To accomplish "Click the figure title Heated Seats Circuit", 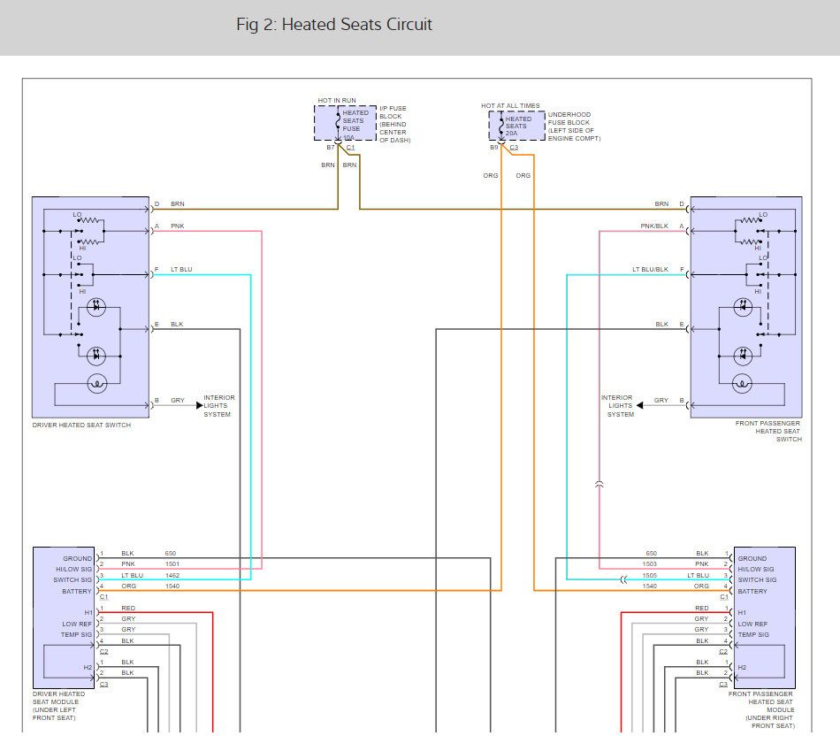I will [334, 25].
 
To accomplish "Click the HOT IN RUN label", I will [337, 101].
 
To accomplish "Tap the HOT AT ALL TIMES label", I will [510, 105].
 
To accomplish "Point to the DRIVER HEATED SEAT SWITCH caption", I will [81, 425].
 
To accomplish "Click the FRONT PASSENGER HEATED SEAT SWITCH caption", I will [767, 431].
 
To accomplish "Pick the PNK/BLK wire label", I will [654, 226].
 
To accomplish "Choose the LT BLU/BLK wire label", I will [650, 269].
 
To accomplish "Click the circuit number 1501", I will [172, 564].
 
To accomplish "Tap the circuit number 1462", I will [172, 575].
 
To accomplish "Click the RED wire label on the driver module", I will [128, 609].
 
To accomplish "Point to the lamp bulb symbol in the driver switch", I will [96, 383].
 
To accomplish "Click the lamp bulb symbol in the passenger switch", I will [744, 383].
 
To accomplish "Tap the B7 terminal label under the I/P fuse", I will [331, 147].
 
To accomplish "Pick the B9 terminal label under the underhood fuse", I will [494, 147].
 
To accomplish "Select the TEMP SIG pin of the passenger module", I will [754, 634].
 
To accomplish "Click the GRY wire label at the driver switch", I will [178, 401].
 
